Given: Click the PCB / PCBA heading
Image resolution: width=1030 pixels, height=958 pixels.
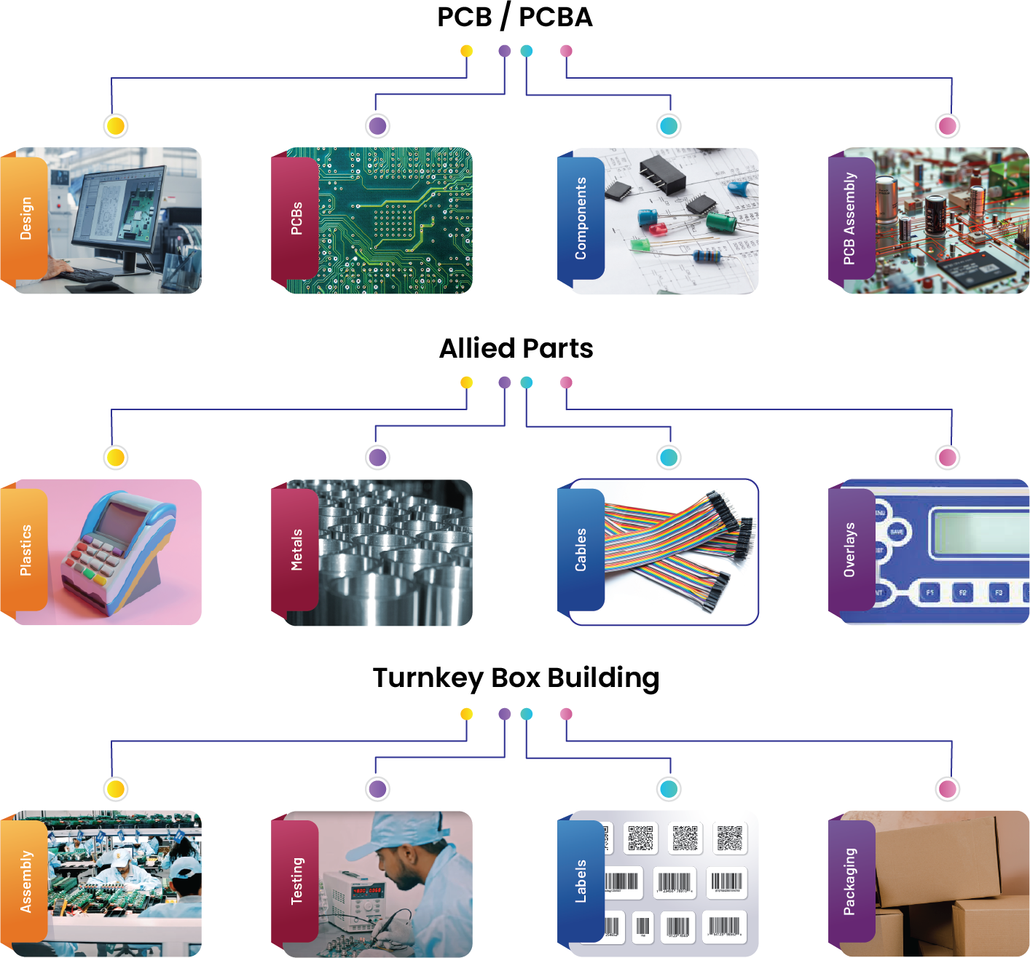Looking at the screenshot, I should (515, 17).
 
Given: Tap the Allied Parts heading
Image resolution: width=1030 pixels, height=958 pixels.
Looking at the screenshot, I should (516, 348).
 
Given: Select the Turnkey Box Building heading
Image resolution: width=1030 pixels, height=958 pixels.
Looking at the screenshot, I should (516, 678).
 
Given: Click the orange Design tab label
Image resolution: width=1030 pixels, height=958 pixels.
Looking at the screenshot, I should (25, 219).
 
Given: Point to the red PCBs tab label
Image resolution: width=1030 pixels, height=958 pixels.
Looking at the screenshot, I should (296, 219).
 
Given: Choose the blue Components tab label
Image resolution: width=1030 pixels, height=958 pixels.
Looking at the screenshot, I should (581, 219).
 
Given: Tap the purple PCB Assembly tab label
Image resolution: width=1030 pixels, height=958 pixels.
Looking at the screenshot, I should (849, 219).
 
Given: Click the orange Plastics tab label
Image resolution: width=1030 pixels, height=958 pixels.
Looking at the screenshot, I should (25, 550).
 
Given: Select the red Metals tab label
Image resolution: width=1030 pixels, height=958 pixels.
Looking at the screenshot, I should (296, 550).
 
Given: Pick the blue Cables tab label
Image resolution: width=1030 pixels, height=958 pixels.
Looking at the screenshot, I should (581, 550).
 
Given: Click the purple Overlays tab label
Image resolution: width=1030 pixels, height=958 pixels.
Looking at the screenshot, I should (849, 550).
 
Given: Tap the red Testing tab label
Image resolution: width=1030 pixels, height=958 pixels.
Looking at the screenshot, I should (296, 882).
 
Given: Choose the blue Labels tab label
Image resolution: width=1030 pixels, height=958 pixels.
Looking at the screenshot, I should (581, 882).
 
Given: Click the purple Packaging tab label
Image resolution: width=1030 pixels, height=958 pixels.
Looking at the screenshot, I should (849, 882).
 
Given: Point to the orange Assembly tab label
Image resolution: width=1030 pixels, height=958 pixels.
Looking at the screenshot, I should (25, 882).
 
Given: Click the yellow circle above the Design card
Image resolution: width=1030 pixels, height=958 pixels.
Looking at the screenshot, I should (116, 126).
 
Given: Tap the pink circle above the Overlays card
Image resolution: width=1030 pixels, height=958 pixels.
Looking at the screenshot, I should (948, 458).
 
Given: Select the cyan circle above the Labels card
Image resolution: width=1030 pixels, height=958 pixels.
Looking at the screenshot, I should (669, 789).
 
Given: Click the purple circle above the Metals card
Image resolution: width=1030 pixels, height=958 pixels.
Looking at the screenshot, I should (377, 458).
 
